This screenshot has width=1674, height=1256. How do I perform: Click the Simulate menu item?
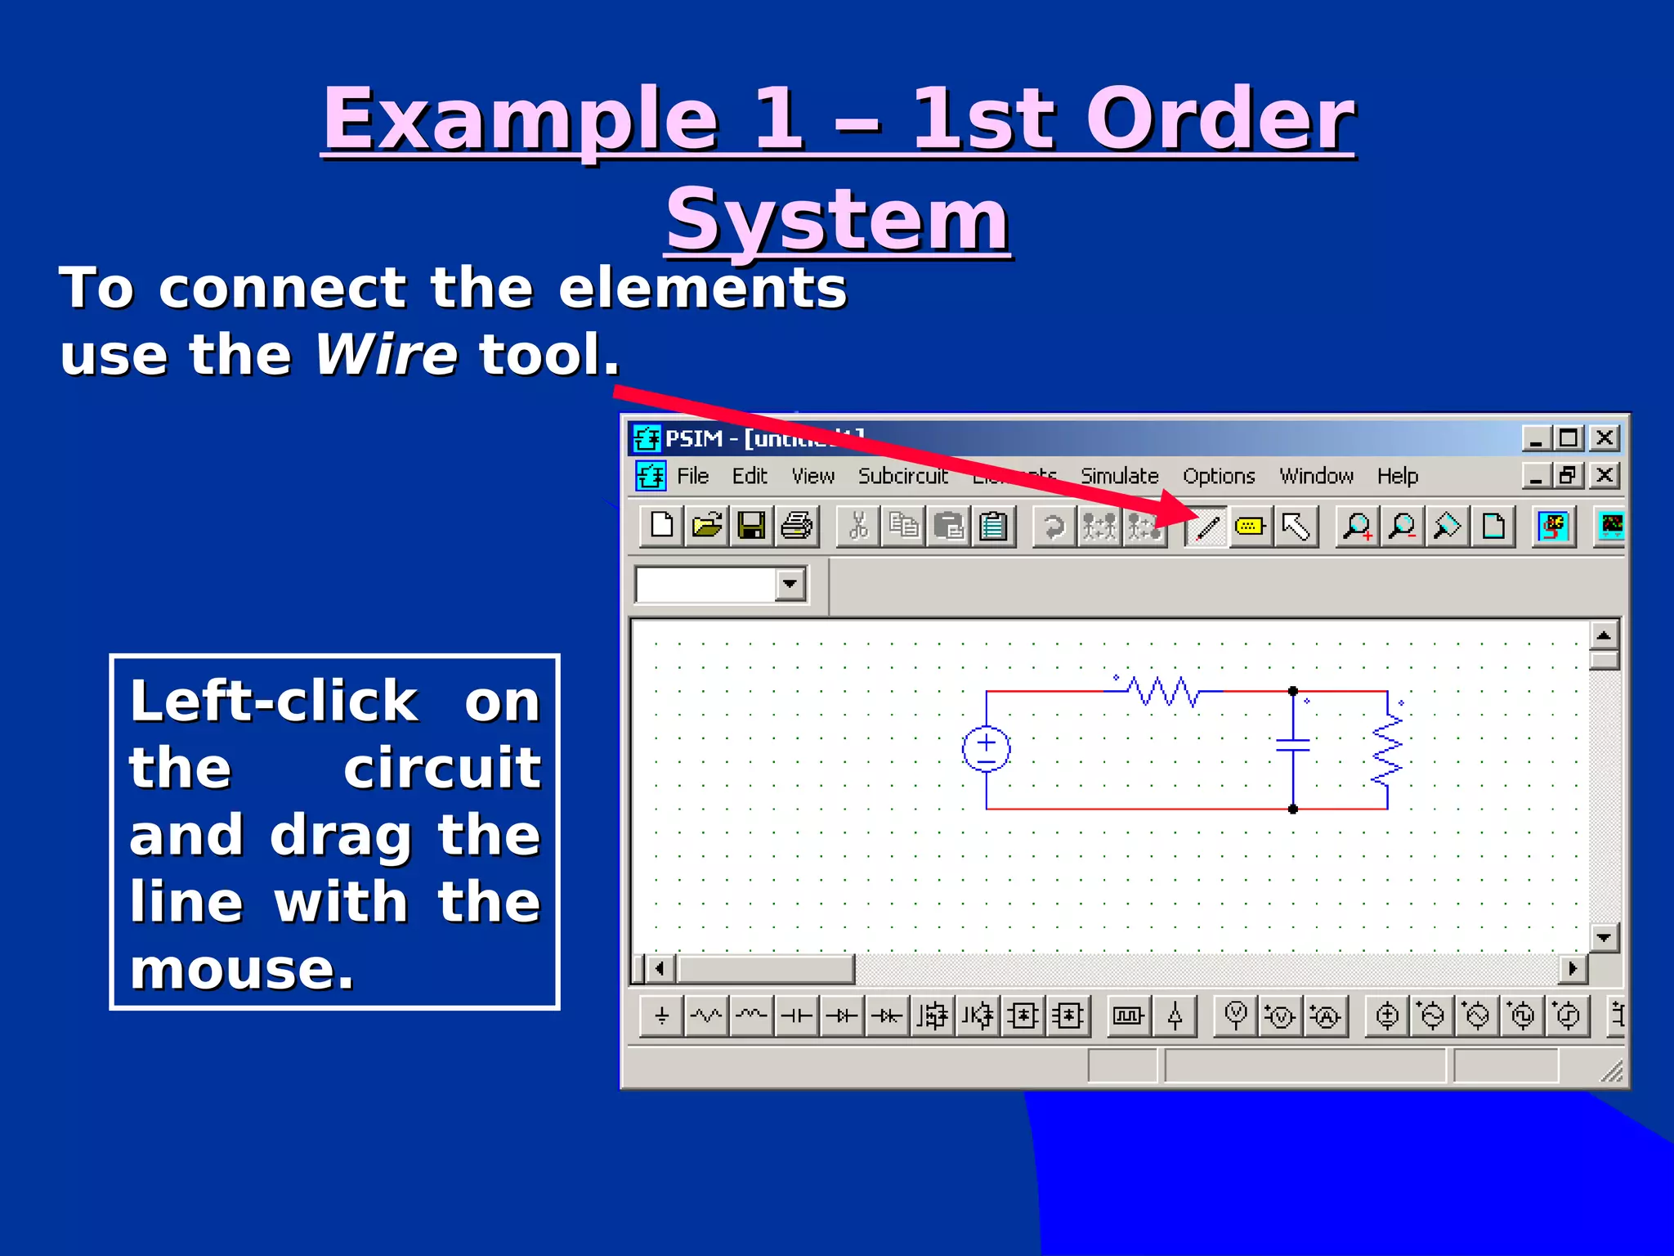[x=1119, y=476]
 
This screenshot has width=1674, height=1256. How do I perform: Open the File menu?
[x=692, y=476]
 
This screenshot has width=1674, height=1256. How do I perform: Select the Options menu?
[x=1218, y=476]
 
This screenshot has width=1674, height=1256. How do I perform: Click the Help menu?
[x=1397, y=476]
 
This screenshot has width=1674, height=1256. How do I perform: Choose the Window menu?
[x=1316, y=476]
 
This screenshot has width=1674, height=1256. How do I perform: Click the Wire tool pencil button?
[x=1206, y=527]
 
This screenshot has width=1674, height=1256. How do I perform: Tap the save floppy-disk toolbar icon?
[x=751, y=526]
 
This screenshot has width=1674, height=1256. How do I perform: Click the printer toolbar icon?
[x=796, y=526]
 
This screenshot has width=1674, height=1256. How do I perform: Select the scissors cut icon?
[x=858, y=526]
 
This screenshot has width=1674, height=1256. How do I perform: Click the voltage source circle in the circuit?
[x=987, y=749]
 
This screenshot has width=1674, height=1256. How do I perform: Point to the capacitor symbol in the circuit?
[x=1293, y=745]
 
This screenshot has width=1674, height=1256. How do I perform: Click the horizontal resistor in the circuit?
[x=1164, y=692]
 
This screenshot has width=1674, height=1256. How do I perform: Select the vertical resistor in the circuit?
[x=1388, y=750]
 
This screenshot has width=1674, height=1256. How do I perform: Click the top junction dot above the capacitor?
[x=1293, y=692]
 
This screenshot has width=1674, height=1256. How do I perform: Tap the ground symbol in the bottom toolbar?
[x=662, y=1016]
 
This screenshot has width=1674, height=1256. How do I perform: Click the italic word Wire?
[x=386, y=355]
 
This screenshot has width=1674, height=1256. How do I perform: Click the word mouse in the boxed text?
[x=242, y=970]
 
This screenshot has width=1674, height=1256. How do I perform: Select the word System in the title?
[x=837, y=219]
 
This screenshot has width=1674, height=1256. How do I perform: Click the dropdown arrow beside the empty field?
[x=790, y=584]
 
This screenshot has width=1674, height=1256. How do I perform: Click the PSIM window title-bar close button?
[x=1605, y=438]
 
